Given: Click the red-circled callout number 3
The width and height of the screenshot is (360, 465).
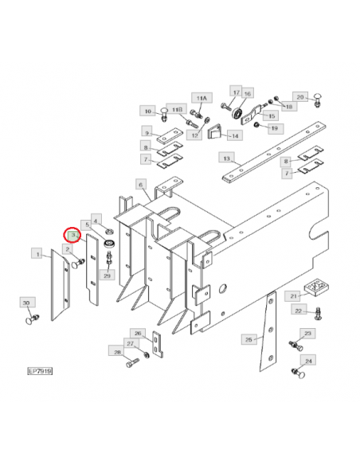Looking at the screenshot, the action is [72, 235].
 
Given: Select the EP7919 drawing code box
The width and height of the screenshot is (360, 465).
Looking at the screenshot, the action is [40, 371].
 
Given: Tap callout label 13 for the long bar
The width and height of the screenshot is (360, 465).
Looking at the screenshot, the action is [226, 158].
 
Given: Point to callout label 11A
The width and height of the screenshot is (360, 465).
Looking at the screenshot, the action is [202, 98].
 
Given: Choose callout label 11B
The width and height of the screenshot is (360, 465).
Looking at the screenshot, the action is [177, 109].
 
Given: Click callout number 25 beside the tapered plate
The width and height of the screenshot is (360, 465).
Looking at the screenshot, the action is [248, 339].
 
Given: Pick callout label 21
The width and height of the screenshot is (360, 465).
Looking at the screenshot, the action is [293, 296].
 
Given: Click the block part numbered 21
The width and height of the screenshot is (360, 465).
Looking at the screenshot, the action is [316, 287].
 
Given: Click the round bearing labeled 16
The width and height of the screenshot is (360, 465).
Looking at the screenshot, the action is [237, 114].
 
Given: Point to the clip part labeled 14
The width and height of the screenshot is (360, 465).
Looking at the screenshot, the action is [214, 131].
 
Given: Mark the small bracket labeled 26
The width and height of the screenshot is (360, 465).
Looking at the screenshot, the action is [157, 343].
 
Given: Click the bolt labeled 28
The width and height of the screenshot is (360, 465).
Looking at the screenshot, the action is [132, 363].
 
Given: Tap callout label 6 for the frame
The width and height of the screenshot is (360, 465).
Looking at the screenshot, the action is [140, 185].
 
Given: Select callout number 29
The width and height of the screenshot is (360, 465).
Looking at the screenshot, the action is [107, 275].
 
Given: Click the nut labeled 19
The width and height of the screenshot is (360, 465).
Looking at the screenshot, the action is [256, 125].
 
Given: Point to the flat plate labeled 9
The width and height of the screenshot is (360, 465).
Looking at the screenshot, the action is [170, 136].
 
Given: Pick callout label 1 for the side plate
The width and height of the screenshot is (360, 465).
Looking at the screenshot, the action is [37, 254].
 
